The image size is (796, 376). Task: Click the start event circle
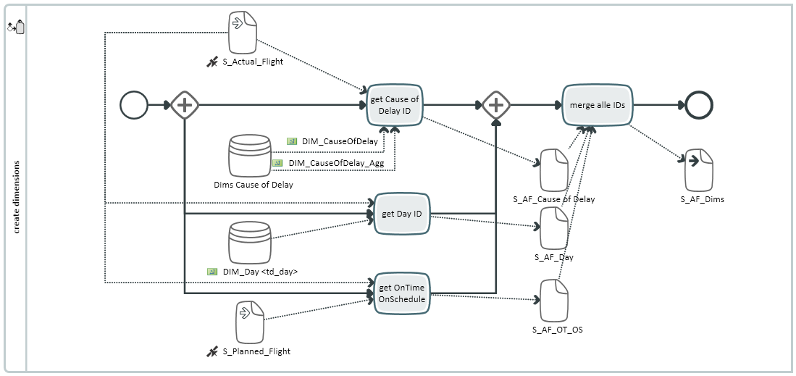click(x=134, y=105)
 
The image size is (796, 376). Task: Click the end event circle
click(x=699, y=105)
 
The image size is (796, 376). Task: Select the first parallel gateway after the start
click(x=185, y=105)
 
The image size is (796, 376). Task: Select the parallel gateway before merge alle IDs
click(x=496, y=105)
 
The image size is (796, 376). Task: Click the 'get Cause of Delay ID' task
click(x=395, y=105)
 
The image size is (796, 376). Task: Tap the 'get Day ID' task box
click(x=402, y=214)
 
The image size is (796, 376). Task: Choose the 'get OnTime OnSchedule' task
click(x=402, y=293)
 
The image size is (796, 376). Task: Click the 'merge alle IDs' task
click(x=598, y=105)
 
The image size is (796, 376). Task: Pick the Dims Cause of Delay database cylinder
click(x=250, y=155)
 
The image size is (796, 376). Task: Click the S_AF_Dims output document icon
click(x=699, y=170)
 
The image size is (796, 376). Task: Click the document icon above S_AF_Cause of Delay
click(x=554, y=170)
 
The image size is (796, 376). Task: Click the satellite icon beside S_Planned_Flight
click(x=212, y=351)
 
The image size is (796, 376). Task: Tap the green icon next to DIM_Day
click(x=212, y=272)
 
